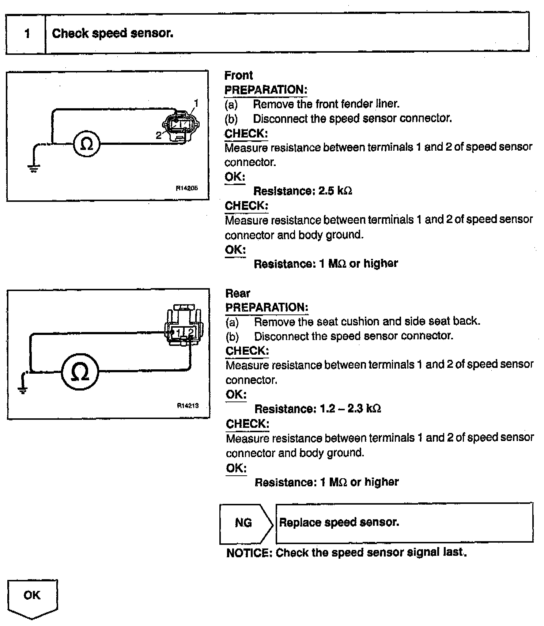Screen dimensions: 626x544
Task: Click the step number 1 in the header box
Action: click(27, 34)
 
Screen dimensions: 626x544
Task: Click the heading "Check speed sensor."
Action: click(113, 33)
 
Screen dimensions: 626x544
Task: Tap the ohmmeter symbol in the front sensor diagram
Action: click(87, 144)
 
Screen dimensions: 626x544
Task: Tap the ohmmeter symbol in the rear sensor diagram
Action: click(80, 372)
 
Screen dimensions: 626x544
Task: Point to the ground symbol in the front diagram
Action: click(34, 168)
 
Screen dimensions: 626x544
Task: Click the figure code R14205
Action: click(187, 188)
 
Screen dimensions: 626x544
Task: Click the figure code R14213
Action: click(188, 405)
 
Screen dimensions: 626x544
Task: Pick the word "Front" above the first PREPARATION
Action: click(238, 75)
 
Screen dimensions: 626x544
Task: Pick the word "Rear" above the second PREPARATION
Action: click(238, 293)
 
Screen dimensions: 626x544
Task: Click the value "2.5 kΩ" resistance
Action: click(335, 191)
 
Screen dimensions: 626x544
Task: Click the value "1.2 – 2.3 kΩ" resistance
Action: click(350, 408)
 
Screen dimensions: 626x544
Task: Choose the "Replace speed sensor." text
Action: click(339, 522)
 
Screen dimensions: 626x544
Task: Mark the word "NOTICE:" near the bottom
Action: click(249, 553)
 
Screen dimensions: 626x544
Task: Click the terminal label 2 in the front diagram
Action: click(158, 136)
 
